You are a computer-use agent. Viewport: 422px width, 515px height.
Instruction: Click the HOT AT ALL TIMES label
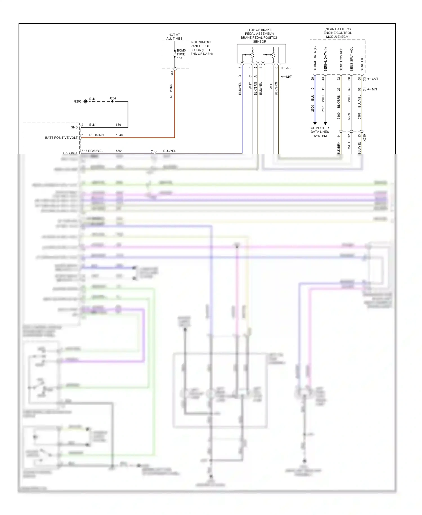174,37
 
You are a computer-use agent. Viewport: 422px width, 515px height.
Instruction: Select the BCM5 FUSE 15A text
181,54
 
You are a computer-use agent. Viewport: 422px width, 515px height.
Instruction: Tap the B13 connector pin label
172,74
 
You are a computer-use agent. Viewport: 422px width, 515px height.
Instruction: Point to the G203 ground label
78,101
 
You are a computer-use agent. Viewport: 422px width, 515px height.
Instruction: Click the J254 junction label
113,98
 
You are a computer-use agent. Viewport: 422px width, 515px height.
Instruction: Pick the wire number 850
118,125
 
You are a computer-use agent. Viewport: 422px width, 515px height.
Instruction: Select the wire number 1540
119,135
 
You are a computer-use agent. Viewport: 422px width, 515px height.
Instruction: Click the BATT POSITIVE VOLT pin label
61,138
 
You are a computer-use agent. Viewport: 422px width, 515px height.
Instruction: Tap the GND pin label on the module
74,127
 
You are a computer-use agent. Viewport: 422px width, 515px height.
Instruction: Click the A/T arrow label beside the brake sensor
288,68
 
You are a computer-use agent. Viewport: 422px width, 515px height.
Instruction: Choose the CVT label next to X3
375,79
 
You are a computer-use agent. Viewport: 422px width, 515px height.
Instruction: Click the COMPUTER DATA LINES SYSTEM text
320,132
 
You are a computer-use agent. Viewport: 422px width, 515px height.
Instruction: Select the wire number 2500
313,108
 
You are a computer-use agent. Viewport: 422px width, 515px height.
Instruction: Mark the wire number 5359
349,116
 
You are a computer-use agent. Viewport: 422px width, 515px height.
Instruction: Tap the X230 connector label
364,138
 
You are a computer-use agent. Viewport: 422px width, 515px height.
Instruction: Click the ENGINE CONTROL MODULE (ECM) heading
337,35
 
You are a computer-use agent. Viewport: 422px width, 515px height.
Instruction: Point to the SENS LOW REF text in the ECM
341,59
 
